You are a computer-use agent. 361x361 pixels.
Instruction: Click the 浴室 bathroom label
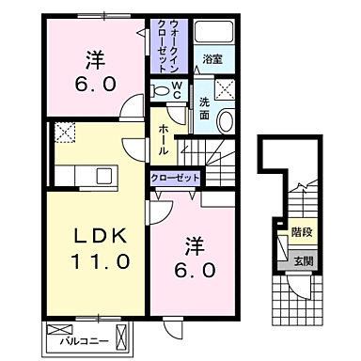pos(212,59)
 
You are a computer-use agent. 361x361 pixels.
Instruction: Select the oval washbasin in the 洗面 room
pos(225,120)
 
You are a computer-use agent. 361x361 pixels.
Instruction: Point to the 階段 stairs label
pos(301,228)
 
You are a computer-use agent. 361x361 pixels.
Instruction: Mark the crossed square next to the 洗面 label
pos(226,91)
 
